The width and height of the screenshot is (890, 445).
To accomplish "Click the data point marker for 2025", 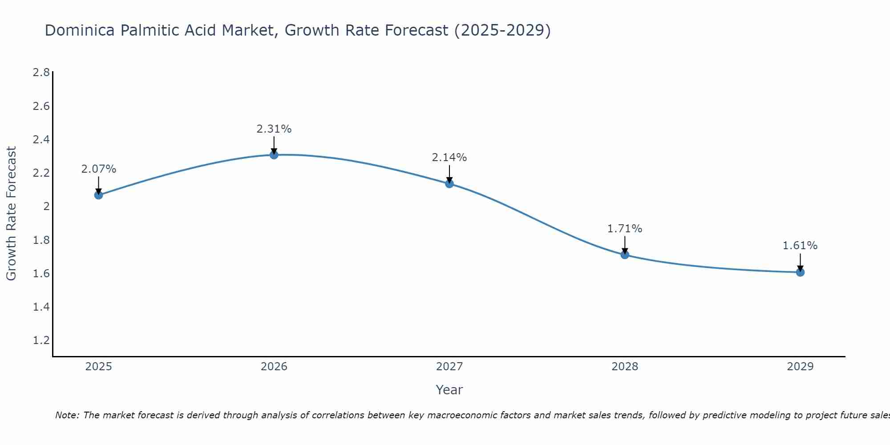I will pyautogui.click(x=98, y=195).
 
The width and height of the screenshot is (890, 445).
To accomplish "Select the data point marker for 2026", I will pyautogui.click(x=274, y=155).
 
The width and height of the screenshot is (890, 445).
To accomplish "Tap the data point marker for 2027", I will pyautogui.click(x=449, y=183).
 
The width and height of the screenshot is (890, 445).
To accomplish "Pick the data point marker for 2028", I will pyautogui.click(x=625, y=255).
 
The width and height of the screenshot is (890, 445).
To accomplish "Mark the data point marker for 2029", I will pyautogui.click(x=800, y=272).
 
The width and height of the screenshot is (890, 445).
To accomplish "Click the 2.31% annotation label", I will pyautogui.click(x=274, y=129).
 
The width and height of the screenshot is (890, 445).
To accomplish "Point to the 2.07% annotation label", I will pyautogui.click(x=98, y=169).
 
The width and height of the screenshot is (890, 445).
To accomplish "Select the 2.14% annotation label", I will pyautogui.click(x=449, y=158).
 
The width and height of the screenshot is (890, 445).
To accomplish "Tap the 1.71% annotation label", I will pyautogui.click(x=625, y=229).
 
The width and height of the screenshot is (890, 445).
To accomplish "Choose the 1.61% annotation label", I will pyautogui.click(x=800, y=246).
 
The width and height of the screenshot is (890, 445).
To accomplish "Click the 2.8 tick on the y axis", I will pyautogui.click(x=41, y=73).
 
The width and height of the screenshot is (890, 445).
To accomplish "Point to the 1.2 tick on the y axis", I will pyautogui.click(x=41, y=340).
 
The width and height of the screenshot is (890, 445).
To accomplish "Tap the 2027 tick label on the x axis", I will pyautogui.click(x=449, y=367).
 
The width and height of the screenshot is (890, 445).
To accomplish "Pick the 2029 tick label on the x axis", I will pyautogui.click(x=800, y=367).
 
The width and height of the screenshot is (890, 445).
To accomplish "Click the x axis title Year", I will pyautogui.click(x=449, y=390).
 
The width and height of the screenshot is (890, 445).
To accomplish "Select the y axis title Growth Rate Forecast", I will pyautogui.click(x=11, y=214).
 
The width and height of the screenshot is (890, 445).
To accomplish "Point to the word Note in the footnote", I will pyautogui.click(x=67, y=415).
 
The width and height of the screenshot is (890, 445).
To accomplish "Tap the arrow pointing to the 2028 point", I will pyautogui.click(x=625, y=245).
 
